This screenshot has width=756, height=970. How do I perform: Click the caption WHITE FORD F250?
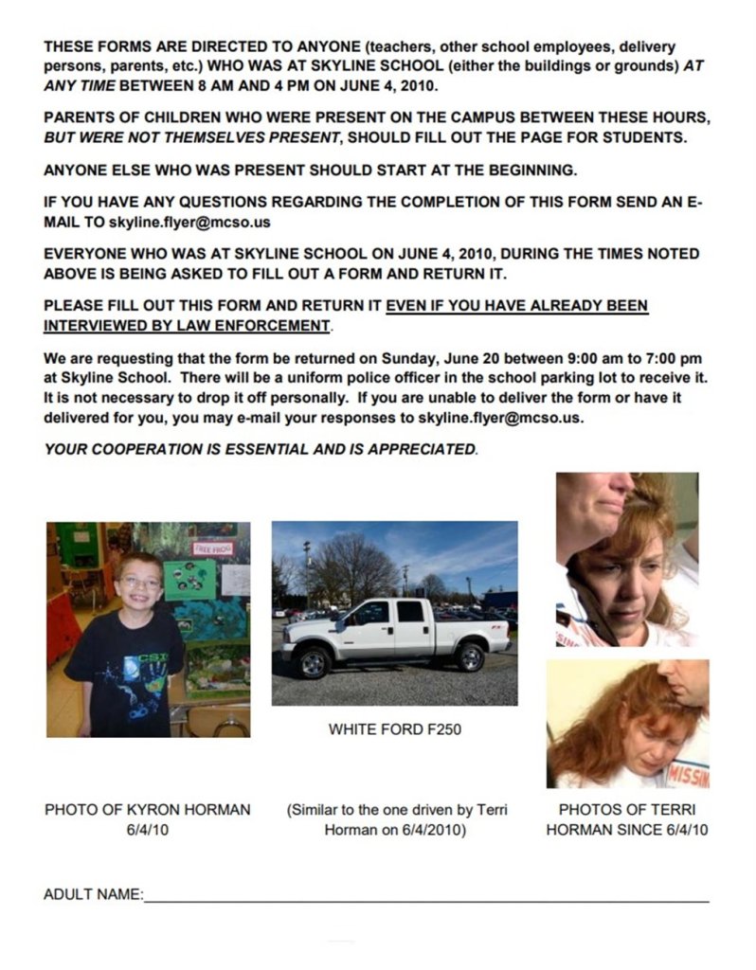click(395, 731)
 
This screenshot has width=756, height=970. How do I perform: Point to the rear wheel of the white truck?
click(469, 656)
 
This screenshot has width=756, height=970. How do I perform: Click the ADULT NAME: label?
click(93, 894)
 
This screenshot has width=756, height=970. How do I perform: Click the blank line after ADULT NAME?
click(426, 898)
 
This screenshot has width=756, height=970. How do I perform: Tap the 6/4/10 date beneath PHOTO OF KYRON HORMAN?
click(147, 831)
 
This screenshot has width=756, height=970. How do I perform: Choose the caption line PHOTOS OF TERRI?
click(627, 810)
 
